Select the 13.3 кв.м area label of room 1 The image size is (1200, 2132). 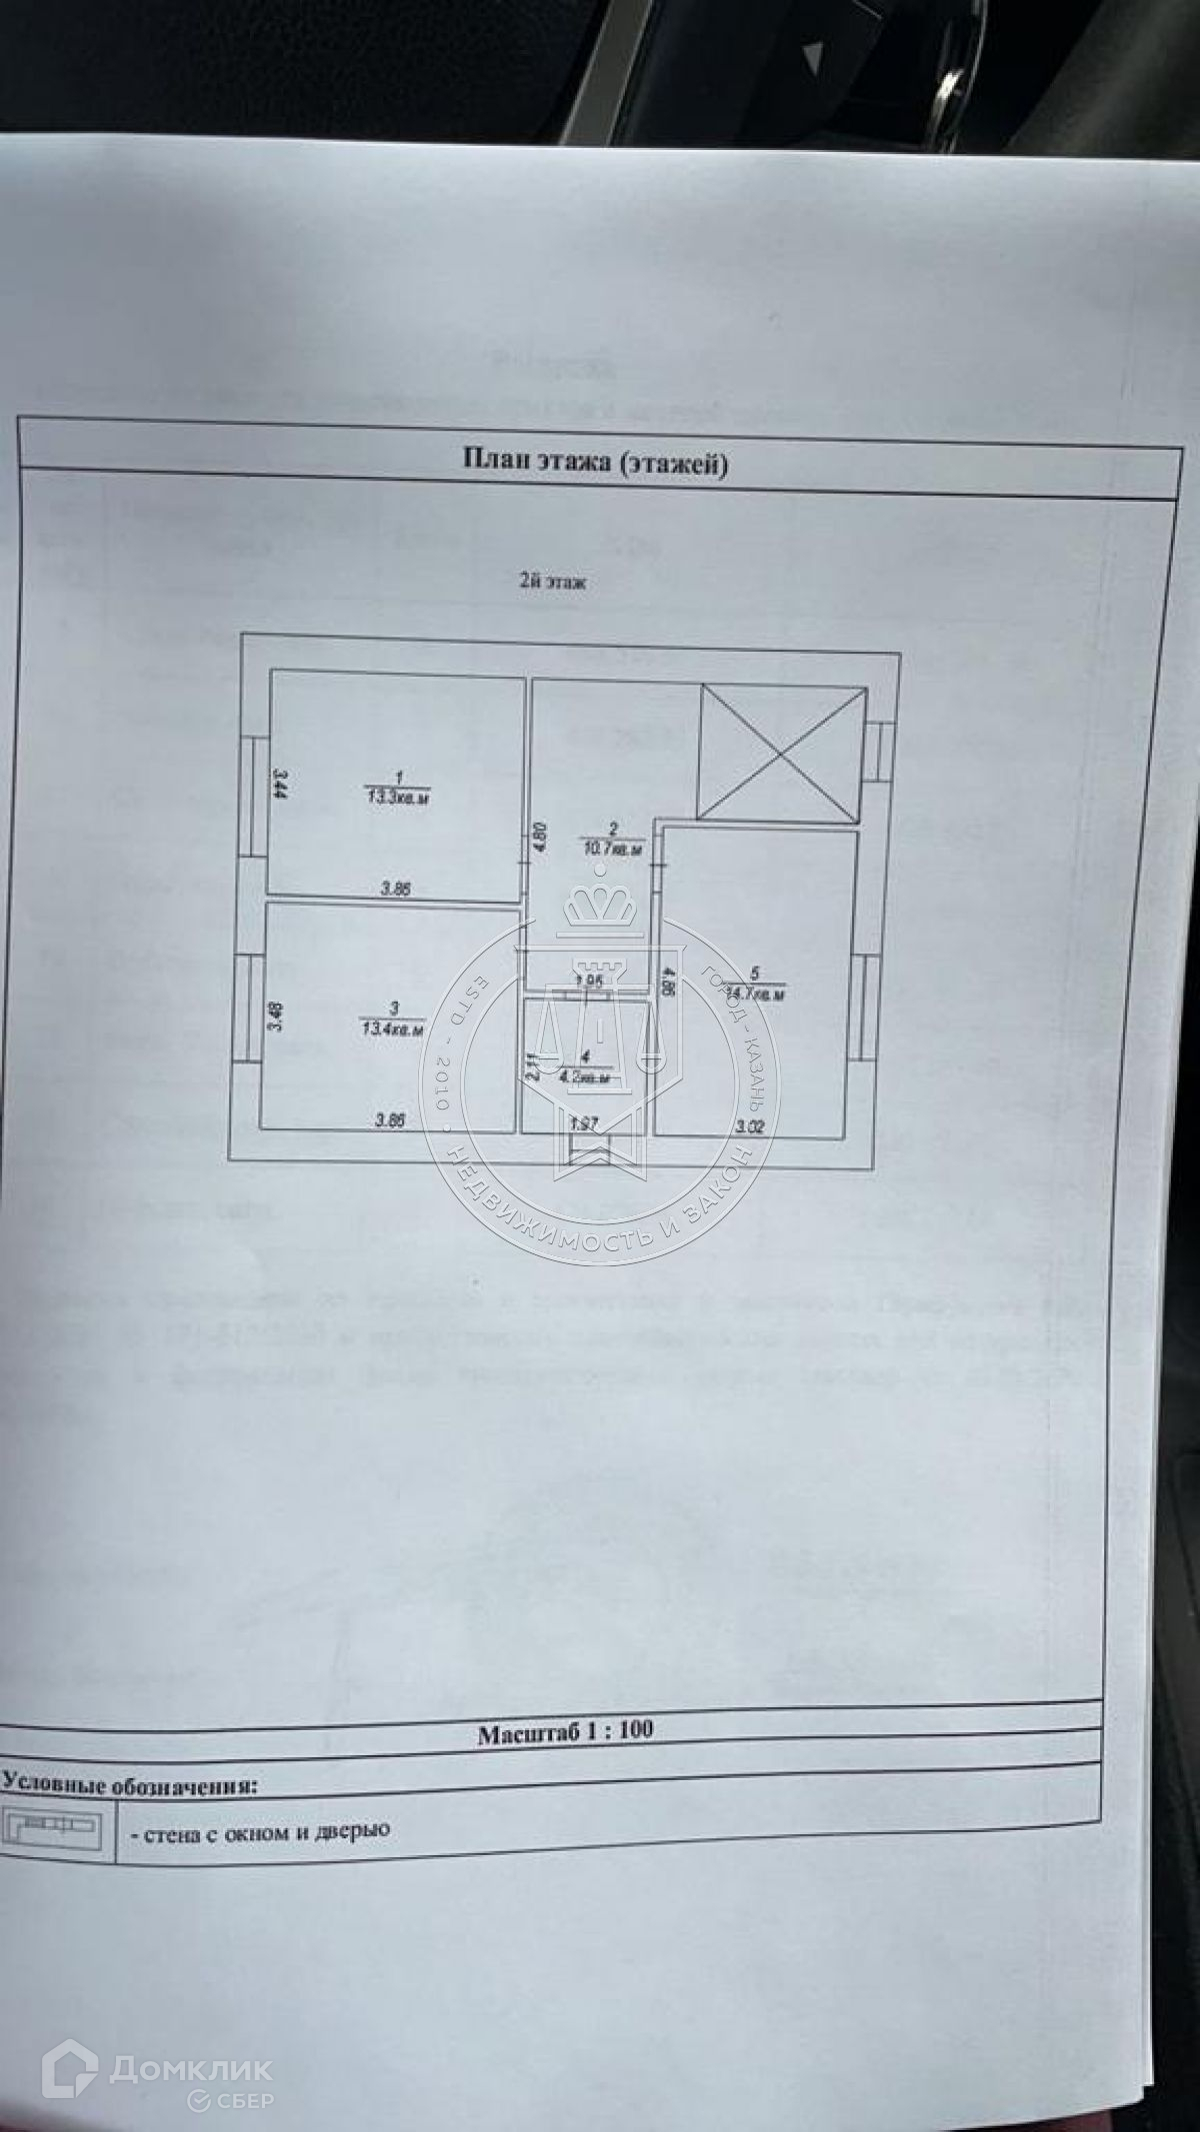[397, 797]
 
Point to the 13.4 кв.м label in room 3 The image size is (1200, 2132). [389, 1026]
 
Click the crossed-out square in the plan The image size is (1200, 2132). [779, 752]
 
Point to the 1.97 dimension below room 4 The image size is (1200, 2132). [583, 1124]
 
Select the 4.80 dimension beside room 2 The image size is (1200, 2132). [536, 835]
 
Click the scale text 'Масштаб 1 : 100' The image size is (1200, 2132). [565, 1729]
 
